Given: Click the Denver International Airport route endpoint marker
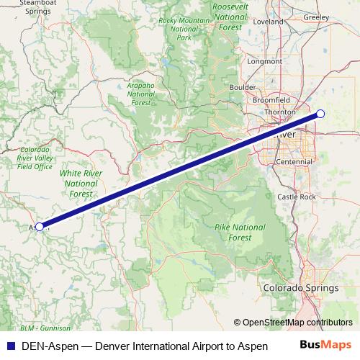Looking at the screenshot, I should click(x=320, y=113).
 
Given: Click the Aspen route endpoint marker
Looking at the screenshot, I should click(x=40, y=226).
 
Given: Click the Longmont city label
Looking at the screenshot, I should click(x=264, y=61).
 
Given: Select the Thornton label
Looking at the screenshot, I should click(x=281, y=112).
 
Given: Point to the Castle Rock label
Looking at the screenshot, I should click(x=297, y=197).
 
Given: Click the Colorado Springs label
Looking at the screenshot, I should click(x=300, y=288).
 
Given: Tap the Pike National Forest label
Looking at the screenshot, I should click(x=240, y=232).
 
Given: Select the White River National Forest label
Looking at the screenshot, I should click(x=81, y=183).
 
